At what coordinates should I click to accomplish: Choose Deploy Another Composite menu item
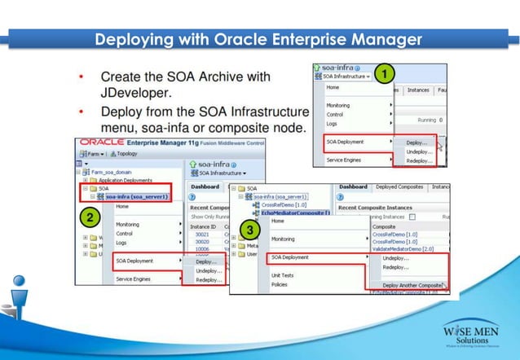coord(412,286)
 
